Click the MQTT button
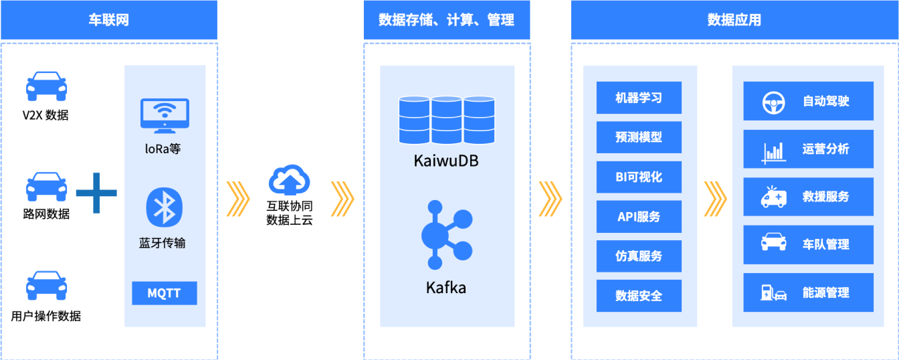pos(164,293)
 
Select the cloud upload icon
pos(290,180)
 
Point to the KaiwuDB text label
pos(446,161)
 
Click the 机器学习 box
pos(639,98)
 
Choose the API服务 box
pos(639,216)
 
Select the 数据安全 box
pos(639,296)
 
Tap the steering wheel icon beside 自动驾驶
pos(773,102)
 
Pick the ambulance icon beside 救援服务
pos(773,197)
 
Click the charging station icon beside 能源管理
pos(773,292)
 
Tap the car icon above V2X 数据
pos(46,86)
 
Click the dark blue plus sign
pos(96,193)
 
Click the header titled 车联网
pos(108,20)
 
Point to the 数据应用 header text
pos(734,20)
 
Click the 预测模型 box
pos(639,137)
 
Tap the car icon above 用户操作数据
pos(46,286)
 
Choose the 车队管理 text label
pos(825,245)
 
